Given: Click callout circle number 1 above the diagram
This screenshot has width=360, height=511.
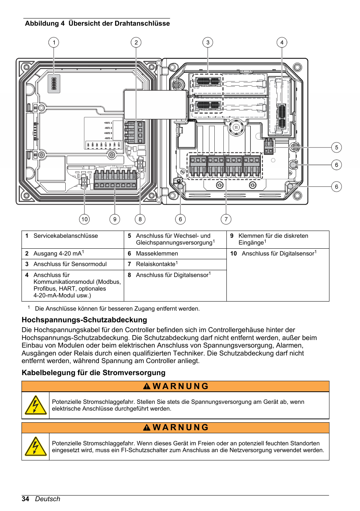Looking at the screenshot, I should (x=54, y=42).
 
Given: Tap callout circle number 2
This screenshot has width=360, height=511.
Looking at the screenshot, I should (x=136, y=42).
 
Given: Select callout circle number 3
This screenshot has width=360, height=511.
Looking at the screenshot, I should (x=208, y=42).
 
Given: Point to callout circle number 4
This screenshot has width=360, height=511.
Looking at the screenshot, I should (x=282, y=42).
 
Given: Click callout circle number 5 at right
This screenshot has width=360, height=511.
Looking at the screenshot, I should (x=337, y=147).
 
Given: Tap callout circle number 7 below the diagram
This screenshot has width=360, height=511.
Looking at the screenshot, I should (x=226, y=219).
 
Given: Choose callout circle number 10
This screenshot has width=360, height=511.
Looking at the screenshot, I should (x=85, y=219).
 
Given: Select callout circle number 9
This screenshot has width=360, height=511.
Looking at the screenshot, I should (x=115, y=219).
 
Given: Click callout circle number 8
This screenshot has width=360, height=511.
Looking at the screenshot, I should (x=140, y=219).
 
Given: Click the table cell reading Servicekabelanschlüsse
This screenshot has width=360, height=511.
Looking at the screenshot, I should (x=66, y=236).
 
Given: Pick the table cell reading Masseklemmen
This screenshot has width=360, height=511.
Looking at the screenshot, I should (x=157, y=254).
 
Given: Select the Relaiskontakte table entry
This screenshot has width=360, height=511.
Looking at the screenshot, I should (x=156, y=264).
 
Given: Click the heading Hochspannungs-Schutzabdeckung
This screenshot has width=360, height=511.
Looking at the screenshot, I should (x=85, y=320).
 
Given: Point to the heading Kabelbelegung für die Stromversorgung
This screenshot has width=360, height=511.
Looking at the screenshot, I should (x=94, y=372).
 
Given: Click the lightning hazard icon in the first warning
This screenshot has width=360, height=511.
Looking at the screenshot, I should (x=35, y=405).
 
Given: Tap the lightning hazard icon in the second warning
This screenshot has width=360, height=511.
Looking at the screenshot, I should (x=35, y=446).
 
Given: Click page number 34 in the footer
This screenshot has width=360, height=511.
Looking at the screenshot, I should (x=25, y=499).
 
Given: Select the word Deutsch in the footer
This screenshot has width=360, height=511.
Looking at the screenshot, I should (x=48, y=499).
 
